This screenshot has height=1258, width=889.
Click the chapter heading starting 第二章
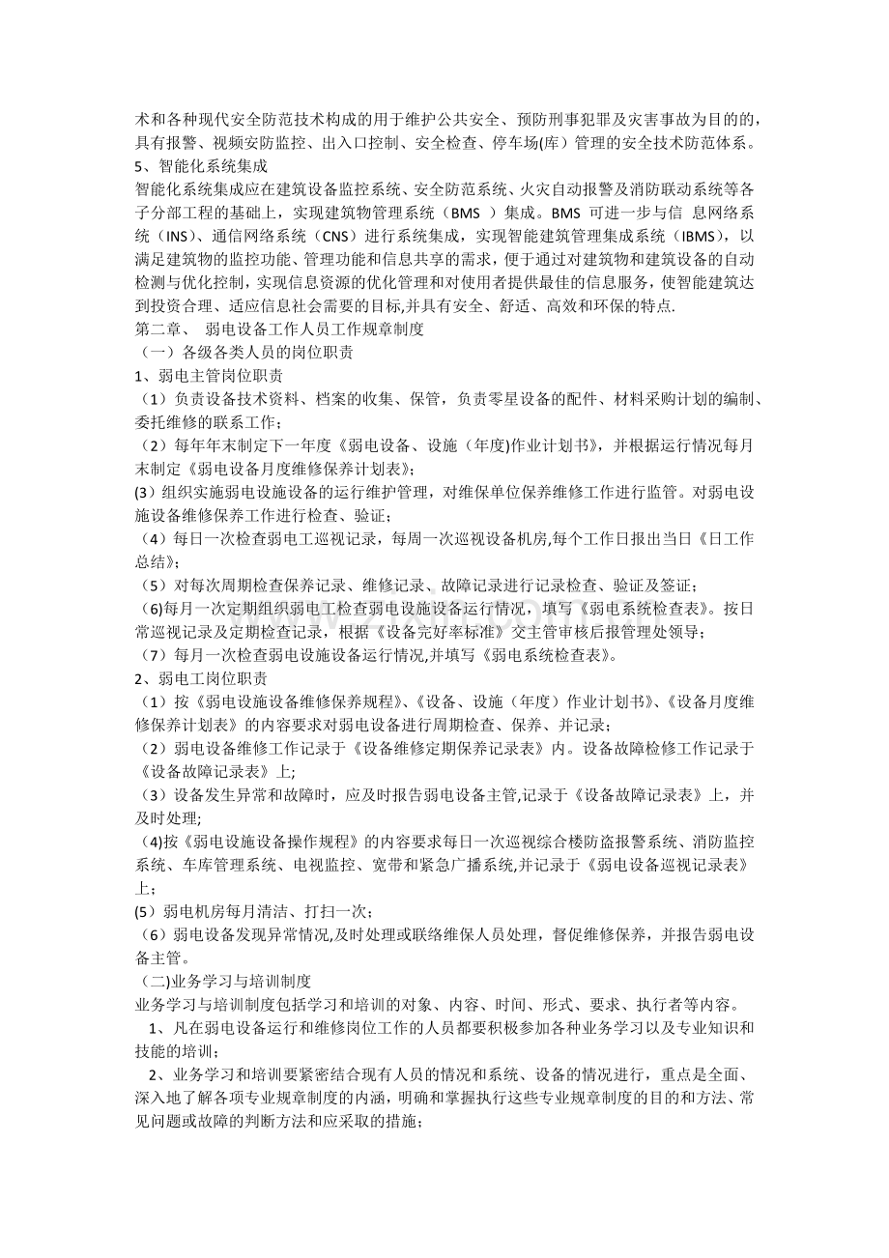[x=279, y=329]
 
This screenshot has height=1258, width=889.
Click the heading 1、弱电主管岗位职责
[x=208, y=376]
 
